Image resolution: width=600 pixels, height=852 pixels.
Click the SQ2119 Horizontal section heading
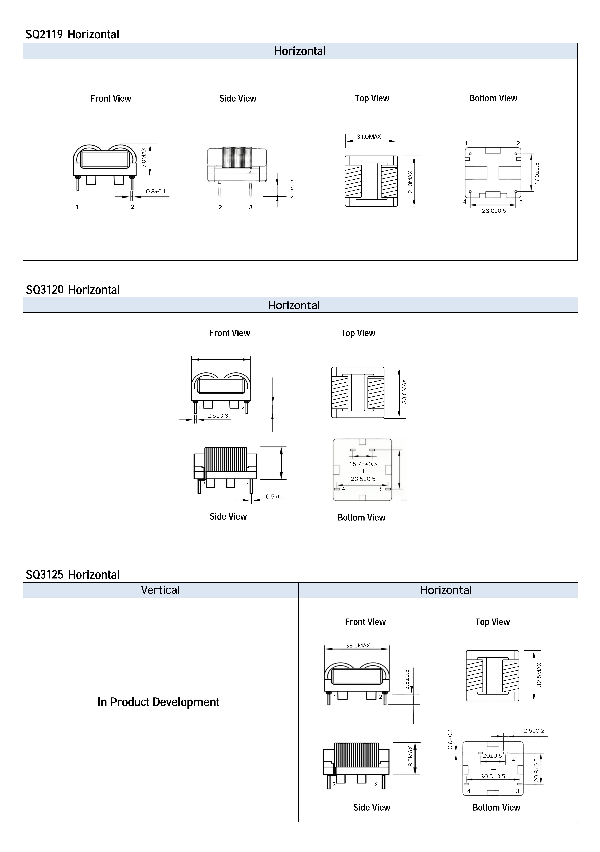72,35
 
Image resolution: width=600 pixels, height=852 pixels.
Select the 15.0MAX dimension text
144,159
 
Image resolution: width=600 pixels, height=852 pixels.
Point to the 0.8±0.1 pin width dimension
156,191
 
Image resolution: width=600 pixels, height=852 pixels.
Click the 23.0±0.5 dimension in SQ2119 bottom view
494,211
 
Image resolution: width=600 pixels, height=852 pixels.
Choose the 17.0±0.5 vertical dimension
537,173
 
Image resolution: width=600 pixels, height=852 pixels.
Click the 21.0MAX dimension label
410,182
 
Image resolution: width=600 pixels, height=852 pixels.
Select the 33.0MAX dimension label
404,391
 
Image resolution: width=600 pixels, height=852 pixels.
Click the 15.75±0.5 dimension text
363,464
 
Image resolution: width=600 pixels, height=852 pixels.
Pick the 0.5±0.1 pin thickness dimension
275,496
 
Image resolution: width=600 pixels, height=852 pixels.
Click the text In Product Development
158,702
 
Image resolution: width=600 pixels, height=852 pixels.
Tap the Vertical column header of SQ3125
160,590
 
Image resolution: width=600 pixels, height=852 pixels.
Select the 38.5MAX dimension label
358,645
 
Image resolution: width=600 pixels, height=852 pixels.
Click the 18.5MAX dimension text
410,758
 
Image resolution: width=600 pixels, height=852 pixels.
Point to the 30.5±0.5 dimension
493,776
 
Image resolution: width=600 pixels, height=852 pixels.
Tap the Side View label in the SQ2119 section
238,98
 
